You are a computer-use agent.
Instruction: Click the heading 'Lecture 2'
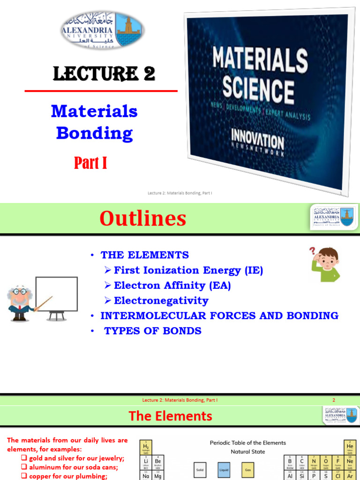click(x=104, y=74)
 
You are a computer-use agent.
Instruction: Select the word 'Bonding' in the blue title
click(x=94, y=134)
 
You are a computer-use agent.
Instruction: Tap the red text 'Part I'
click(x=90, y=163)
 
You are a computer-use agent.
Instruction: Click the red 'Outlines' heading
click(x=142, y=218)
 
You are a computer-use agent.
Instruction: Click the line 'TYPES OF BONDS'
click(x=152, y=330)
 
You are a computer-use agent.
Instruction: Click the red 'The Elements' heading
click(x=170, y=416)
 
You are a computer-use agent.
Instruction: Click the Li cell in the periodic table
click(x=146, y=462)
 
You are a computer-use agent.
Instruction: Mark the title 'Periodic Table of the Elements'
click(x=247, y=442)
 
